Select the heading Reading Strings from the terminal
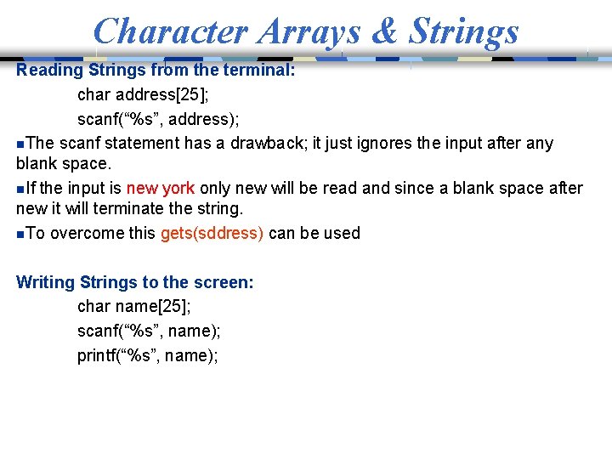[x=156, y=70]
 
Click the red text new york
[x=161, y=188]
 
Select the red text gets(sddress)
[x=212, y=233]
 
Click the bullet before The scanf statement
[x=20, y=144]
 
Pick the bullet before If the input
[x=20, y=189]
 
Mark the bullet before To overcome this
[x=20, y=234]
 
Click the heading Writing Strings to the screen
[x=135, y=282]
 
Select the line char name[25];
[x=134, y=307]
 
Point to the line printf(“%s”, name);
[x=148, y=355]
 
